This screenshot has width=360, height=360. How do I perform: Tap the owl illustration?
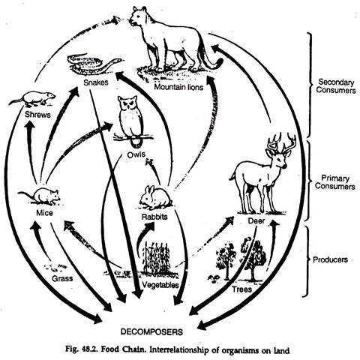pos(133,120)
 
